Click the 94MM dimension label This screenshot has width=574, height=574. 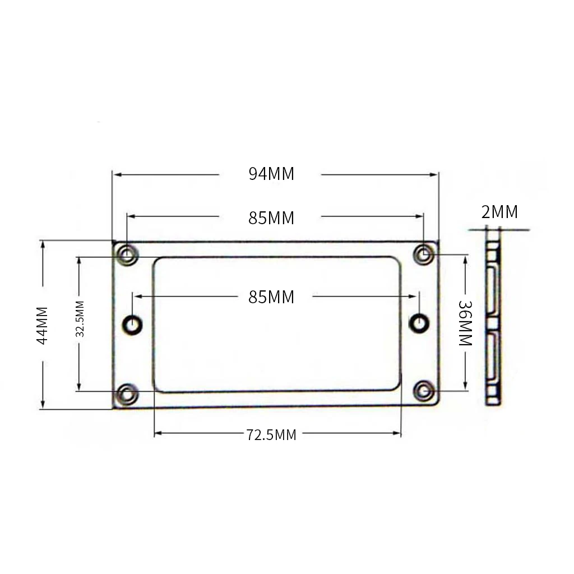[271, 174]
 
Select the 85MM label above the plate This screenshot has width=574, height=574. [271, 218]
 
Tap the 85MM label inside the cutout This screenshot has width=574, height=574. [271, 297]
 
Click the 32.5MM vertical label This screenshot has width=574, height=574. [80, 318]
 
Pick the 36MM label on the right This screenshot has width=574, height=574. [466, 323]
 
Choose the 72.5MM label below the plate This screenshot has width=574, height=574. [271, 434]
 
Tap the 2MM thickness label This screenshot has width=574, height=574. [499, 212]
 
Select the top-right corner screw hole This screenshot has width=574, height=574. [424, 255]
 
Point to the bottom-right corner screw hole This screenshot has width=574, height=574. [424, 391]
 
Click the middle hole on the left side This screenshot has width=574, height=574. [133, 323]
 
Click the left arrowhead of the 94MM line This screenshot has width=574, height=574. [116, 175]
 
